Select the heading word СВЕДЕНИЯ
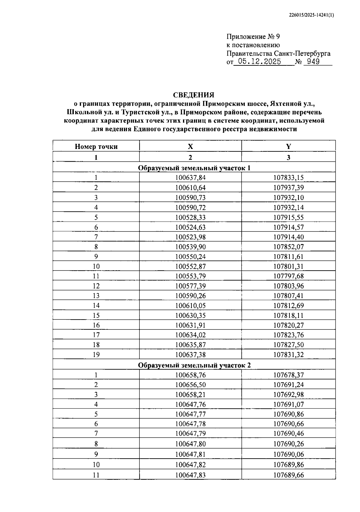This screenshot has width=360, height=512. coord(193,95)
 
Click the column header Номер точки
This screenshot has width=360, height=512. coord(96,147)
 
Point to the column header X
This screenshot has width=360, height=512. coord(190,147)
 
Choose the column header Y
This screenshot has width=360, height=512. coord(288,147)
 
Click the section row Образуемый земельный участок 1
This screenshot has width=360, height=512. coord(194,168)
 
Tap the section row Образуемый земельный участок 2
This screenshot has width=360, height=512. coord(194,365)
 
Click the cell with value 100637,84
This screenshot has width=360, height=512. coord(190,178)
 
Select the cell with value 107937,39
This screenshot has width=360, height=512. coord(288,188)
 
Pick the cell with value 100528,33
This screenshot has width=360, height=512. coord(190,217)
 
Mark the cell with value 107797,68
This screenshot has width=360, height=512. coord(288,276)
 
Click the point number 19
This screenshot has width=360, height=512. coord(96,355)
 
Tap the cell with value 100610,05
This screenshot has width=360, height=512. coord(190,305)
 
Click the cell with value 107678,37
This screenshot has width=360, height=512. coord(288,375)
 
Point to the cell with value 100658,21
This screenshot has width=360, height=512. coord(190,395)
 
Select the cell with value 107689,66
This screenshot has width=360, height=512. coord(288,475)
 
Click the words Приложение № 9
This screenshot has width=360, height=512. coord(253,37)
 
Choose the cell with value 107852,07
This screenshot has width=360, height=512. coord(288,247)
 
